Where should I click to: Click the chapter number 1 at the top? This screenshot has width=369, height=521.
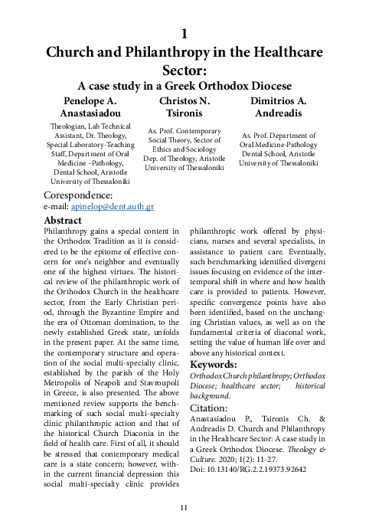coord(184,34)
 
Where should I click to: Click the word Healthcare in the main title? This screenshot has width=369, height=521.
coord(285,53)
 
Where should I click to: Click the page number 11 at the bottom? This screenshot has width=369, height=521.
coord(184,507)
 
